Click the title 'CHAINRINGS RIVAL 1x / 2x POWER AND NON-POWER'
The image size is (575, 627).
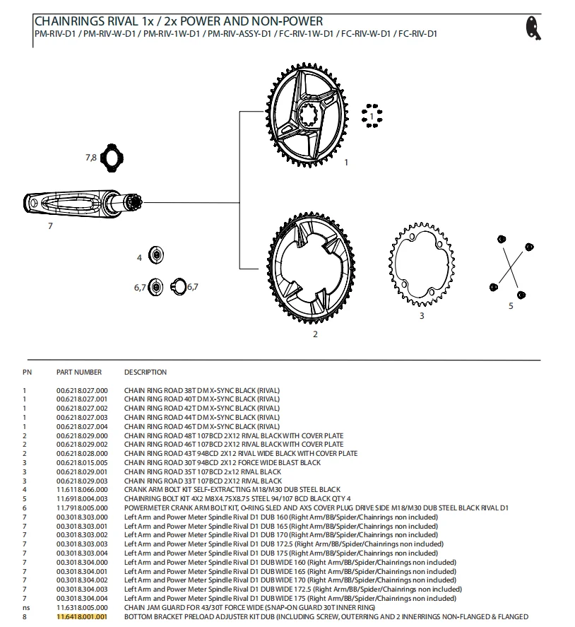[x=179, y=22]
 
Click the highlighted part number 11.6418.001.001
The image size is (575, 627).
[x=81, y=616]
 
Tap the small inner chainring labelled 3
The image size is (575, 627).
[x=421, y=262]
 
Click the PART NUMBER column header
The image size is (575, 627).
[x=79, y=372]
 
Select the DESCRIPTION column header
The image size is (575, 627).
[x=146, y=372]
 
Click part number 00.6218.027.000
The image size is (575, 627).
[x=82, y=390]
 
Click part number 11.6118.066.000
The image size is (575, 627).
[x=82, y=489]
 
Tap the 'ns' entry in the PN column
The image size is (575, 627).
[x=26, y=607]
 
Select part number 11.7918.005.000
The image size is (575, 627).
[x=82, y=508]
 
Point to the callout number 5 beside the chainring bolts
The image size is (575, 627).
[x=511, y=306]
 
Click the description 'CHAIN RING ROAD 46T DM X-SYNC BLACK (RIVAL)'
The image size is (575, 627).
[x=202, y=426]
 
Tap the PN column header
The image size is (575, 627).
[x=27, y=372]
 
